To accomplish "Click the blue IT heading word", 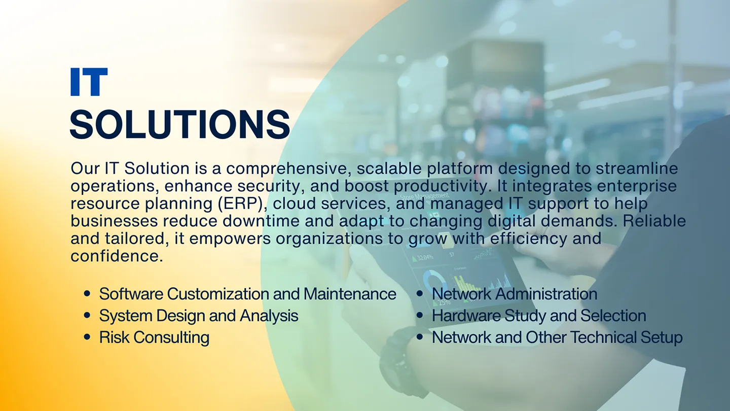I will click(89, 82).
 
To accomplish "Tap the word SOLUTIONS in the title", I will click(179, 124).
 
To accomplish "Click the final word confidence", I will click(117, 256).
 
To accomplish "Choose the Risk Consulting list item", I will click(154, 337).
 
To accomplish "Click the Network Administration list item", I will click(514, 294).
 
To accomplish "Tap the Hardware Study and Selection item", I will click(538, 316).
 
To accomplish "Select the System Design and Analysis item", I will click(198, 316).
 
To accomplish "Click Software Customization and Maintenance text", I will click(247, 294).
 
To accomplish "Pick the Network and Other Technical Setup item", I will click(557, 337).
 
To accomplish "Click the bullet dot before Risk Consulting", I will click(87, 337).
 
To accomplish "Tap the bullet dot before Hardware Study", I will click(420, 316).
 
